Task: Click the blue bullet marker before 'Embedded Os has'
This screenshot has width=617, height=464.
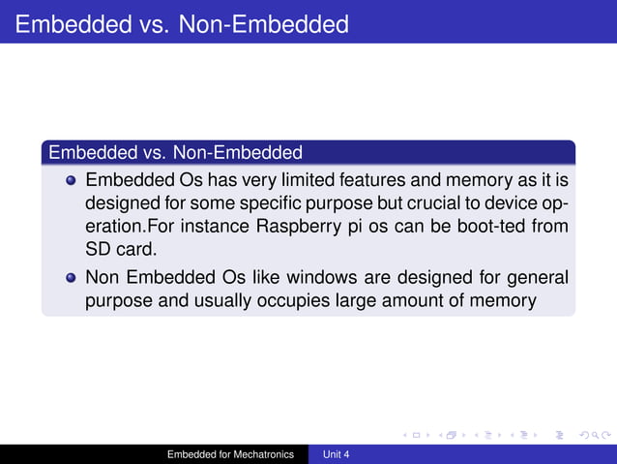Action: pyautogui.click(x=71, y=181)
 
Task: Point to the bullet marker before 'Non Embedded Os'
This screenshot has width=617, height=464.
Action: pyautogui.click(x=71, y=278)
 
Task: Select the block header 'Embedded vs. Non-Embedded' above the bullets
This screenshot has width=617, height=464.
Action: pyautogui.click(x=175, y=152)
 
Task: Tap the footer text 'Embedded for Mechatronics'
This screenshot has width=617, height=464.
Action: pyautogui.click(x=230, y=453)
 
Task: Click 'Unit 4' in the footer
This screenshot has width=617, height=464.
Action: pyautogui.click(x=337, y=453)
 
